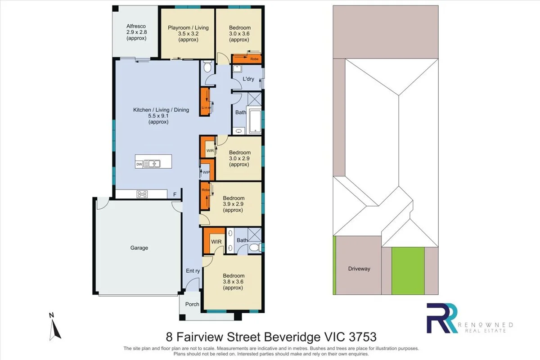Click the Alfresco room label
(x=136, y=26)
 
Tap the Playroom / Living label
(x=188, y=28)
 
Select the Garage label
(x=139, y=248)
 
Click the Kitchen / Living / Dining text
(x=161, y=110)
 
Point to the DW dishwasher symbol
(x=139, y=165)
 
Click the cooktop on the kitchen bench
(x=142, y=194)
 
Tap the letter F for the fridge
(x=175, y=195)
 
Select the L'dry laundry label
(x=248, y=79)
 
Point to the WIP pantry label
(x=206, y=172)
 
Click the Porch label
(x=192, y=304)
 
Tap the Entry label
(x=193, y=271)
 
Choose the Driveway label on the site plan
(x=359, y=269)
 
